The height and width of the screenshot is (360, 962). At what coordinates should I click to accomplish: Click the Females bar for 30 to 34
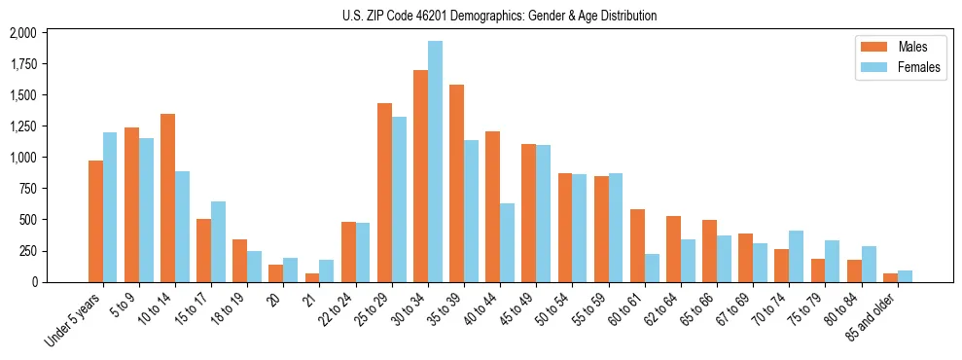(x=436, y=162)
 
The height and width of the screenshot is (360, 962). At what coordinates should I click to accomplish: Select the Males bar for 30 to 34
(x=420, y=176)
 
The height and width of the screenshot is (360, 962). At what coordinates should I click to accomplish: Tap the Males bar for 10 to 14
(x=167, y=198)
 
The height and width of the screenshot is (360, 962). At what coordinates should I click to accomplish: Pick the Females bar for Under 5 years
(x=110, y=207)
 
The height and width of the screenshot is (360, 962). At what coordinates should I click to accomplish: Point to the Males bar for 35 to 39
(x=456, y=183)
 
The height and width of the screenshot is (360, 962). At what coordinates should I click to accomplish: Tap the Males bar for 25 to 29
(x=384, y=193)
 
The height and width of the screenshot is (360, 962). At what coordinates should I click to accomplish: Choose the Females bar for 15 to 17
(x=219, y=241)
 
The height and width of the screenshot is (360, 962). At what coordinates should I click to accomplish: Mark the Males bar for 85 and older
(x=890, y=277)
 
